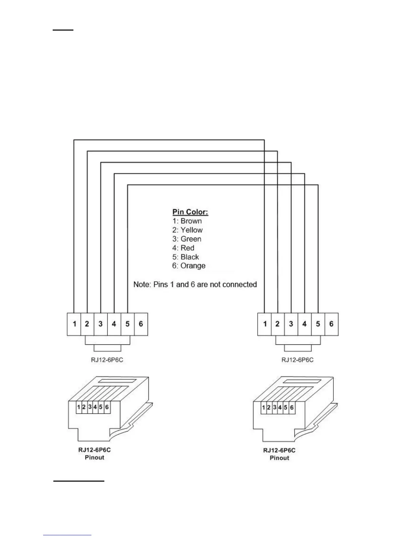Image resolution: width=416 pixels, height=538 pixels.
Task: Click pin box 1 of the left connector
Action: [74, 324]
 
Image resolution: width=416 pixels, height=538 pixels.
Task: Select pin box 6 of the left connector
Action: [141, 324]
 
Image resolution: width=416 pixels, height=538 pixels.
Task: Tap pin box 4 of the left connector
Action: [114, 324]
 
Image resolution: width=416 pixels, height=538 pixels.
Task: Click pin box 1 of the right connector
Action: [264, 324]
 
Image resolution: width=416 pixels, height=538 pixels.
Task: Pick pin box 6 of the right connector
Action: [331, 324]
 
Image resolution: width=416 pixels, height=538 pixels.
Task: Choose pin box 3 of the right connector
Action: [291, 324]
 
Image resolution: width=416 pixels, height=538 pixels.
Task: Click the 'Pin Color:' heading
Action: [190, 212]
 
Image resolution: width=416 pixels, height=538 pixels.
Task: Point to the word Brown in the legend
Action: [191, 221]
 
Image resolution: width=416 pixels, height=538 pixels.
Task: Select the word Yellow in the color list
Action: [192, 230]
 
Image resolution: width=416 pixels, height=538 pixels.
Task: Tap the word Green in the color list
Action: [191, 239]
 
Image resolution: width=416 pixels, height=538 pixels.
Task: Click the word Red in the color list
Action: [187, 248]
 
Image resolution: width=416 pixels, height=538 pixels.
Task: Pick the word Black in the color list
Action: [190, 257]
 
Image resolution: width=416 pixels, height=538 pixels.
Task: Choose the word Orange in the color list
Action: [193, 266]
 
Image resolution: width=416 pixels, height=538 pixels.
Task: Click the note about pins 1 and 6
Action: [195, 284]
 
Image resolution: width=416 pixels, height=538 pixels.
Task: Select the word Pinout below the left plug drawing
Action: [94, 458]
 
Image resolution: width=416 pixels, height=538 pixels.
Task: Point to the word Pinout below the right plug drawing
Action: [279, 458]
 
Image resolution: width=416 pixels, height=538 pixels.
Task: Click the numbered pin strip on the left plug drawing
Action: [92, 407]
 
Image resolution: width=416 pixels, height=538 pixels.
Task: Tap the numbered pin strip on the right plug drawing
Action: [278, 408]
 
